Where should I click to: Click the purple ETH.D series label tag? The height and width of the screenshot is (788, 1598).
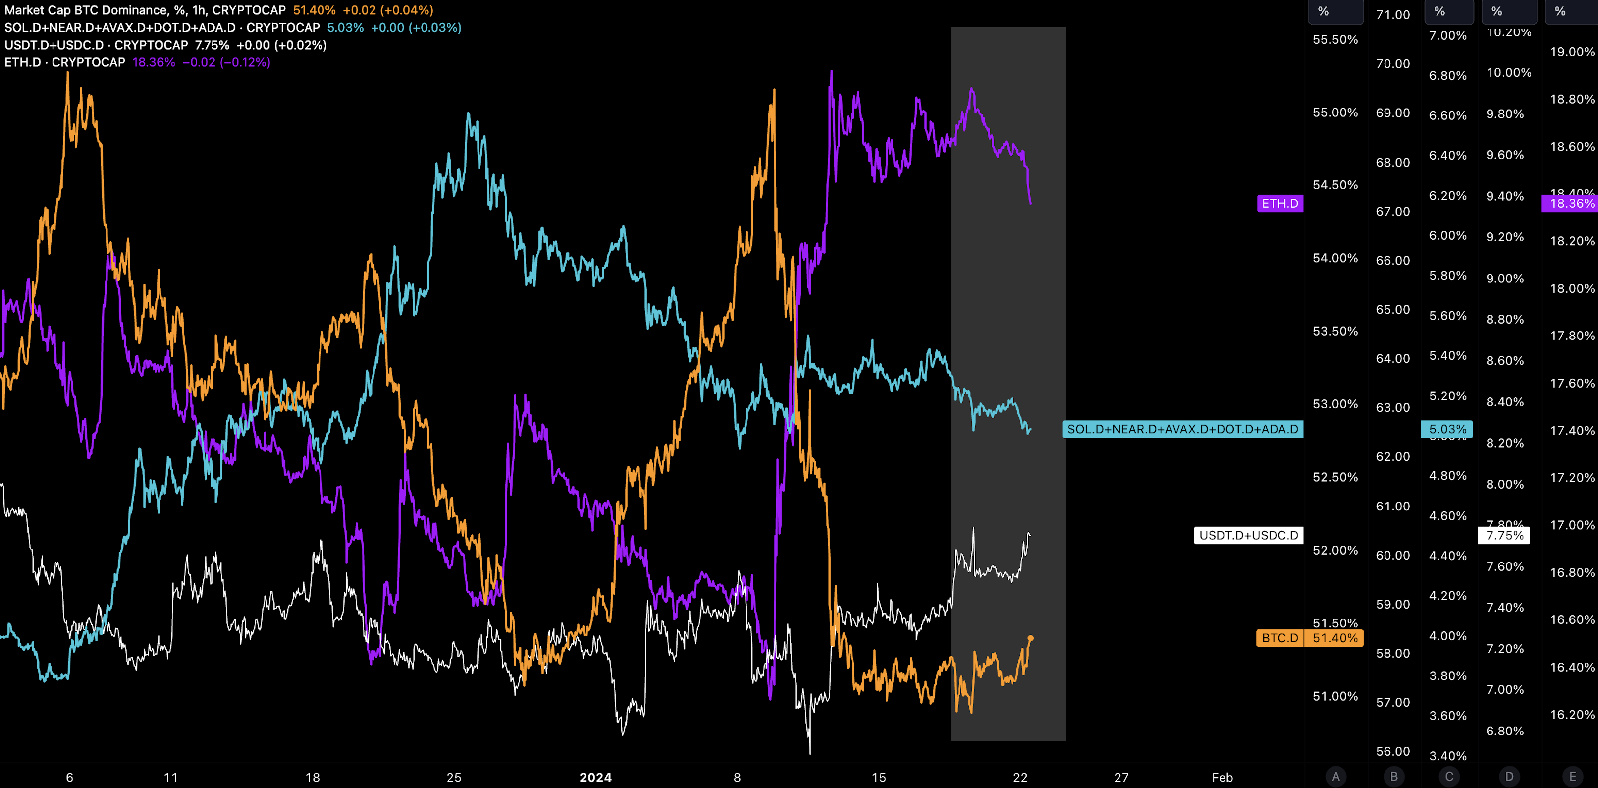[x=1280, y=204]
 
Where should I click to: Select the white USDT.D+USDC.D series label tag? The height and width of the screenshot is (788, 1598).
[x=1248, y=535]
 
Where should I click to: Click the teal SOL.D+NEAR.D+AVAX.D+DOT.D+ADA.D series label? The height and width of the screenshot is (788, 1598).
[x=1182, y=429]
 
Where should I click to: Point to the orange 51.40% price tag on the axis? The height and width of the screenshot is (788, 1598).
[x=1334, y=638]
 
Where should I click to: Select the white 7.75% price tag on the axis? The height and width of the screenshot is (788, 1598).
[x=1504, y=535]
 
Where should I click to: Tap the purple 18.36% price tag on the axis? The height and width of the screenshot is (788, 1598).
[x=1571, y=204]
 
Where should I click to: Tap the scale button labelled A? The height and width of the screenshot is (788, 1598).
[x=1335, y=776]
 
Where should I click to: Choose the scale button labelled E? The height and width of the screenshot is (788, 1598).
[x=1572, y=776]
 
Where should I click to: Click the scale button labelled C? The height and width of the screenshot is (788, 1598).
[x=1449, y=776]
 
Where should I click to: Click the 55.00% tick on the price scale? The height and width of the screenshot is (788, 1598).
[x=1335, y=113]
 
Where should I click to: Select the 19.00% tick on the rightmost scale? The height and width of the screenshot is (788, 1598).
[x=1571, y=52]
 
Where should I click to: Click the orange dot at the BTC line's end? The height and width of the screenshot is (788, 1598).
[x=1030, y=638]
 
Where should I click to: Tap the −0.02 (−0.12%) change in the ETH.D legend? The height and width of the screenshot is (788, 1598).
[x=226, y=62]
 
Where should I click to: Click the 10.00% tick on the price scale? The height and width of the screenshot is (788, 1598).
[x=1509, y=72]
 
